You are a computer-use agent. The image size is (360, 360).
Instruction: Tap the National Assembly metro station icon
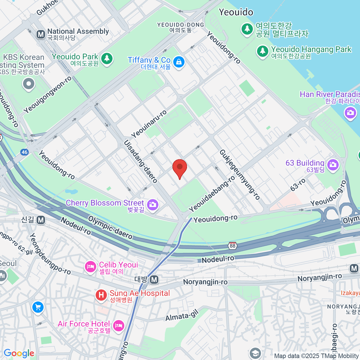click(x=41, y=34)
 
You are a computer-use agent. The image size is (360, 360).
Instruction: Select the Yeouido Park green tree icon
click(x=106, y=58)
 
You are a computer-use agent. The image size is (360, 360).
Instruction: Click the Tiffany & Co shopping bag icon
click(x=179, y=62)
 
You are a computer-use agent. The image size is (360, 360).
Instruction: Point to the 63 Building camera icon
click(x=333, y=164)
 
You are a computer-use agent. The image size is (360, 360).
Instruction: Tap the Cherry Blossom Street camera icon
click(x=153, y=205)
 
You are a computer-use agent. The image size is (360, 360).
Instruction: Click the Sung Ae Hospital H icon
click(x=101, y=295)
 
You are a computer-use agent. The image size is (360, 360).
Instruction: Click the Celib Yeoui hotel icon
click(x=90, y=267)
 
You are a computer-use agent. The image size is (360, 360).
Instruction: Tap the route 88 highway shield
click(x=232, y=246)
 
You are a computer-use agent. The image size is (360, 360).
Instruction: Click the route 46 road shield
click(x=24, y=152)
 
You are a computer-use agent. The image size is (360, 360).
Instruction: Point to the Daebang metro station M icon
click(x=154, y=280)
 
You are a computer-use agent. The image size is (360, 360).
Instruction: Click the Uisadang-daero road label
click(x=141, y=161)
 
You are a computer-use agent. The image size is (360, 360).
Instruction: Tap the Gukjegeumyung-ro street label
click(x=239, y=175)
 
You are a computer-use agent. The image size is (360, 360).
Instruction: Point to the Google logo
click(x=19, y=353)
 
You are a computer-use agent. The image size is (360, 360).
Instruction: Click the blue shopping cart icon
click(x=38, y=307)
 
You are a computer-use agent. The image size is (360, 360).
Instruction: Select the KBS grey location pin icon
click(x=29, y=84)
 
